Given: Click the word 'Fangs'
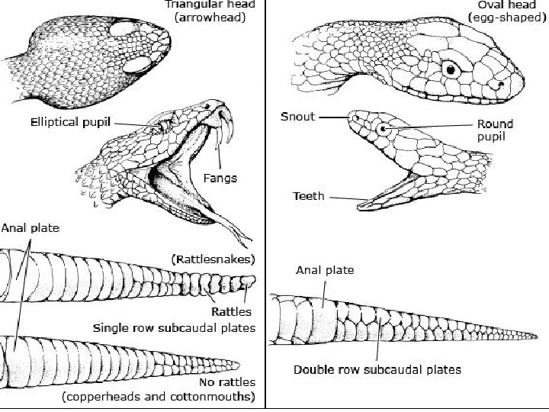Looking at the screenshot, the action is click(x=220, y=179).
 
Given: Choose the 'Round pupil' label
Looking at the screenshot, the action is click(x=495, y=130).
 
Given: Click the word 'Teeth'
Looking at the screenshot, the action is click(x=309, y=196).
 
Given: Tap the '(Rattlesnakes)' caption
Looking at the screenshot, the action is click(x=213, y=258).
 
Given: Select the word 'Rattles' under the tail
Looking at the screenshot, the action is click(x=232, y=311).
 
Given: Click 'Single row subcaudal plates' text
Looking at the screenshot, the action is click(x=174, y=328).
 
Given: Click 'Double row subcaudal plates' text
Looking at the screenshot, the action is click(x=377, y=370).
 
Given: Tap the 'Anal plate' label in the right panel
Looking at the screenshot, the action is click(x=324, y=269).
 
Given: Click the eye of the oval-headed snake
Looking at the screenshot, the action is click(x=451, y=69).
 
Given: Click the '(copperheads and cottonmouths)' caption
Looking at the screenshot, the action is click(x=159, y=397).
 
